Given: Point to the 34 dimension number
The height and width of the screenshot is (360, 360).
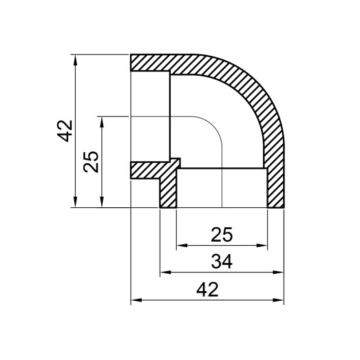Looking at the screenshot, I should pyautogui.click(x=222, y=262).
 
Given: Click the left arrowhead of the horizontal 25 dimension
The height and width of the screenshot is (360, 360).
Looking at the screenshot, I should pyautogui.click(x=181, y=244).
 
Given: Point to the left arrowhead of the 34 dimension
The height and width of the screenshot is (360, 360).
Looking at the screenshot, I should pyautogui.click(x=165, y=273).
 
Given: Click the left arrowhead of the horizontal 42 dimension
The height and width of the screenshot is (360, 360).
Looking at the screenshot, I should pyautogui.click(x=135, y=300).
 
